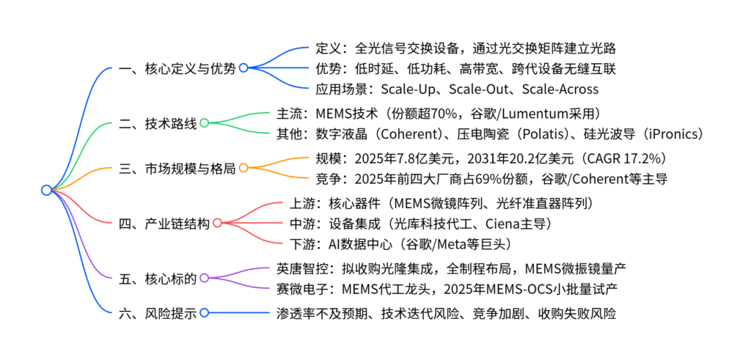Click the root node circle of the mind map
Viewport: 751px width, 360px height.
pos(46,190)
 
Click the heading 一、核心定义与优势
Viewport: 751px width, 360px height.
pos(177,68)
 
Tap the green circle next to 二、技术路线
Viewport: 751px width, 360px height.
pos(205,122)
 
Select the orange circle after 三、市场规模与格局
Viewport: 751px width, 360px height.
pos(243,169)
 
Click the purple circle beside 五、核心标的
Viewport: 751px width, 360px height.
pos(205,278)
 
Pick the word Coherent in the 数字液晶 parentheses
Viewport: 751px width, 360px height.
pos(410,134)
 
